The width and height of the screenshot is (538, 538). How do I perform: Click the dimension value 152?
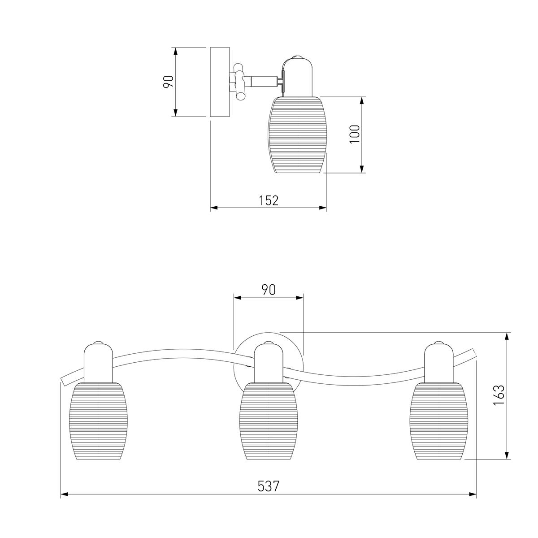coord(269,200)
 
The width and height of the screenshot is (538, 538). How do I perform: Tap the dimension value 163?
coord(499,395)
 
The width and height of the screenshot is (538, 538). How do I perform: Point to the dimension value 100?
coord(355,134)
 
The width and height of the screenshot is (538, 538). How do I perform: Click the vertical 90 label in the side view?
coord(169,82)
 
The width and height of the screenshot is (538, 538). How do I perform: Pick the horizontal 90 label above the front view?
coord(269,290)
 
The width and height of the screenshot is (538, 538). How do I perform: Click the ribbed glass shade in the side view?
coord(298,134)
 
